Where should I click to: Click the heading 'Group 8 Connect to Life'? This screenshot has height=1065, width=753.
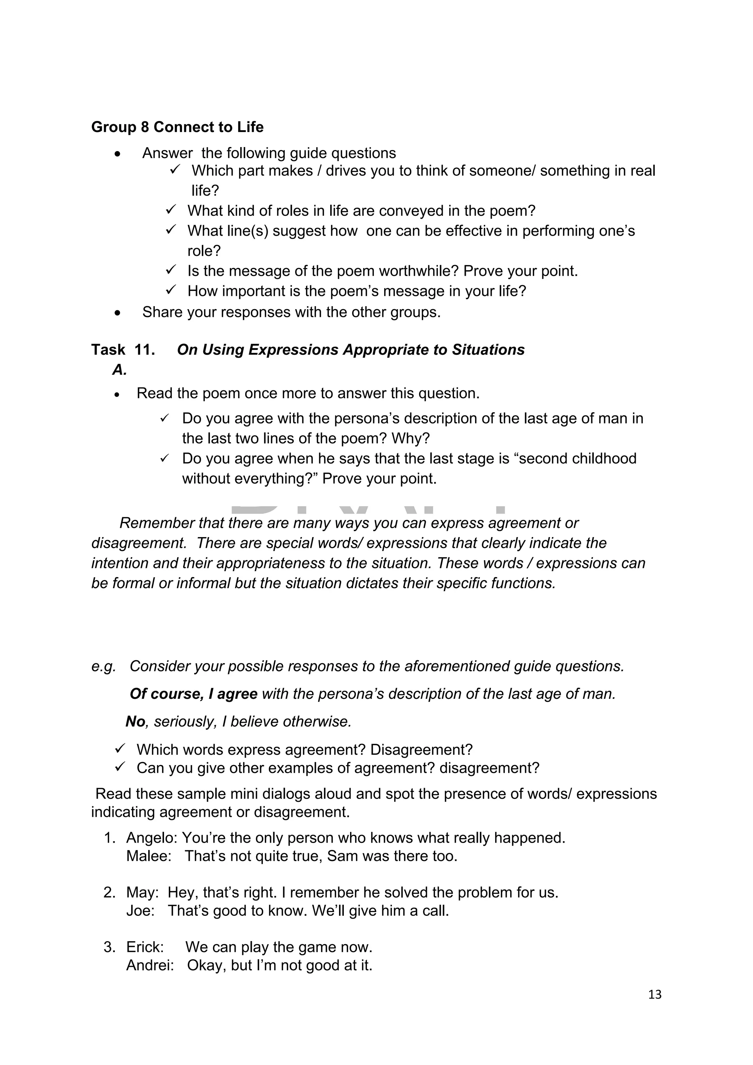point(177,127)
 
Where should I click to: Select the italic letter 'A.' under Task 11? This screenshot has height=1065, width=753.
point(119,370)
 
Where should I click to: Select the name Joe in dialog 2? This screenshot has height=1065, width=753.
point(140,911)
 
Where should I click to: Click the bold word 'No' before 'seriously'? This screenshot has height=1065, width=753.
point(135,722)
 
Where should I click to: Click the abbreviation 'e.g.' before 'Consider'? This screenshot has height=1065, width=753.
point(103,666)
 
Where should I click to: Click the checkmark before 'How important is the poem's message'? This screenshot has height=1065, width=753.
point(170,290)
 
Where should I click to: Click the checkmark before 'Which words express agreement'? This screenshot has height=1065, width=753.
point(120,748)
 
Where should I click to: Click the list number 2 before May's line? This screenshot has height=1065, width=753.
point(109,893)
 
